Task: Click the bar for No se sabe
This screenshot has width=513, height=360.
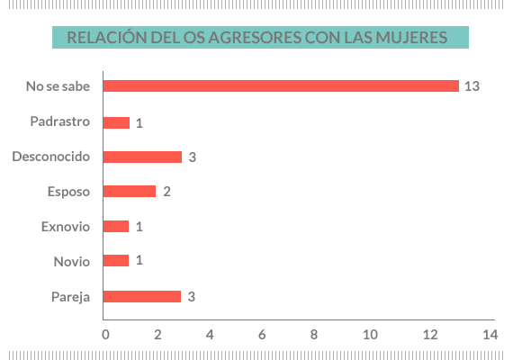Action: coord(281,86)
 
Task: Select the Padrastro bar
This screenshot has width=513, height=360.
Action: coord(116,122)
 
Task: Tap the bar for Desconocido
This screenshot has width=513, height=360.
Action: coord(142,157)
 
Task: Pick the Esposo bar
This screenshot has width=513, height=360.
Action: coord(130,192)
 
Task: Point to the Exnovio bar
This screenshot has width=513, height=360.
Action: coord(116,227)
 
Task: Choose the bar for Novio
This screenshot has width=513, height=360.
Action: coord(116,261)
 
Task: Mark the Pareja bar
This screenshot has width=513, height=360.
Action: coord(142,296)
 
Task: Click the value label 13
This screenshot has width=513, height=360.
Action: coord(472,87)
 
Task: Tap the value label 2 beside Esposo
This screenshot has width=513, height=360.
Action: coord(166,192)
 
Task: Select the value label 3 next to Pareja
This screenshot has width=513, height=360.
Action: coord(192,296)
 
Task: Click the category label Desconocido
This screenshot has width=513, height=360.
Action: coord(51,157)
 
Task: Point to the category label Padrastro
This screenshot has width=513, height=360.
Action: coord(59,121)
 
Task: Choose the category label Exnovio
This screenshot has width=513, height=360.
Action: coord(66,226)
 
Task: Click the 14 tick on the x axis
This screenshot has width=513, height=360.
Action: coord(490,335)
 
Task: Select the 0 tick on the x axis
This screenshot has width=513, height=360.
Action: coord(105,335)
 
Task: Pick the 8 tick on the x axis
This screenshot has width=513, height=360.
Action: coord(314,335)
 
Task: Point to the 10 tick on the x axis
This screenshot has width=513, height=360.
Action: coord(369,335)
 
